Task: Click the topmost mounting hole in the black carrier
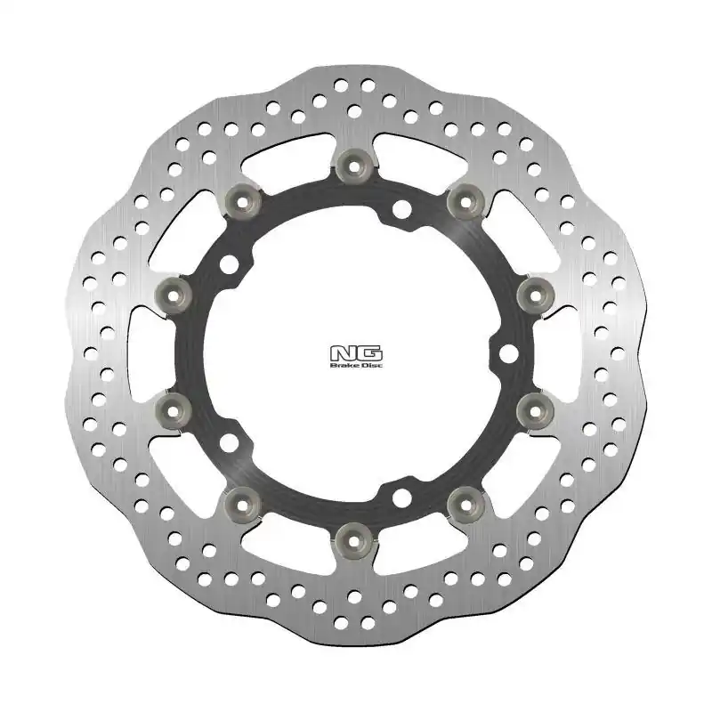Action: click(402, 210)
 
